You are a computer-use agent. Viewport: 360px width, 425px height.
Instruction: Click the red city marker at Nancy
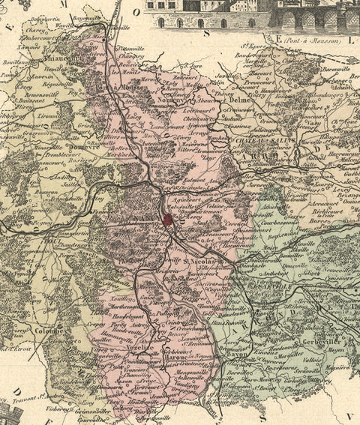coord(167,220)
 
